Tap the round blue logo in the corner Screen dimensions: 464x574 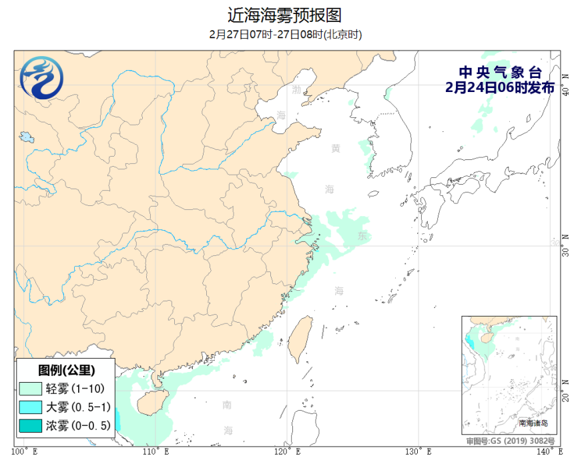tap(42, 78)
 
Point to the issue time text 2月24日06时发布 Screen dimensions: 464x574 tap(499, 87)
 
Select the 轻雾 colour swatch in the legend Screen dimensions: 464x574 tap(31, 388)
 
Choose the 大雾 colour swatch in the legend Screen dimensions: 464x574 tap(31, 407)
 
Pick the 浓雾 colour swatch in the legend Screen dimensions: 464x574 tap(31, 426)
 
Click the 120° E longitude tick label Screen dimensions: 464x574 tap(288, 453)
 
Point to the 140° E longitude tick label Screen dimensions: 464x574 tap(549, 453)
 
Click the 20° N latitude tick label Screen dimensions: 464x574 tap(565, 393)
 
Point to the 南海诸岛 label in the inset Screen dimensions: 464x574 tap(533, 423)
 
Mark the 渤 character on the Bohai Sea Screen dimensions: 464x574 tap(296, 89)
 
